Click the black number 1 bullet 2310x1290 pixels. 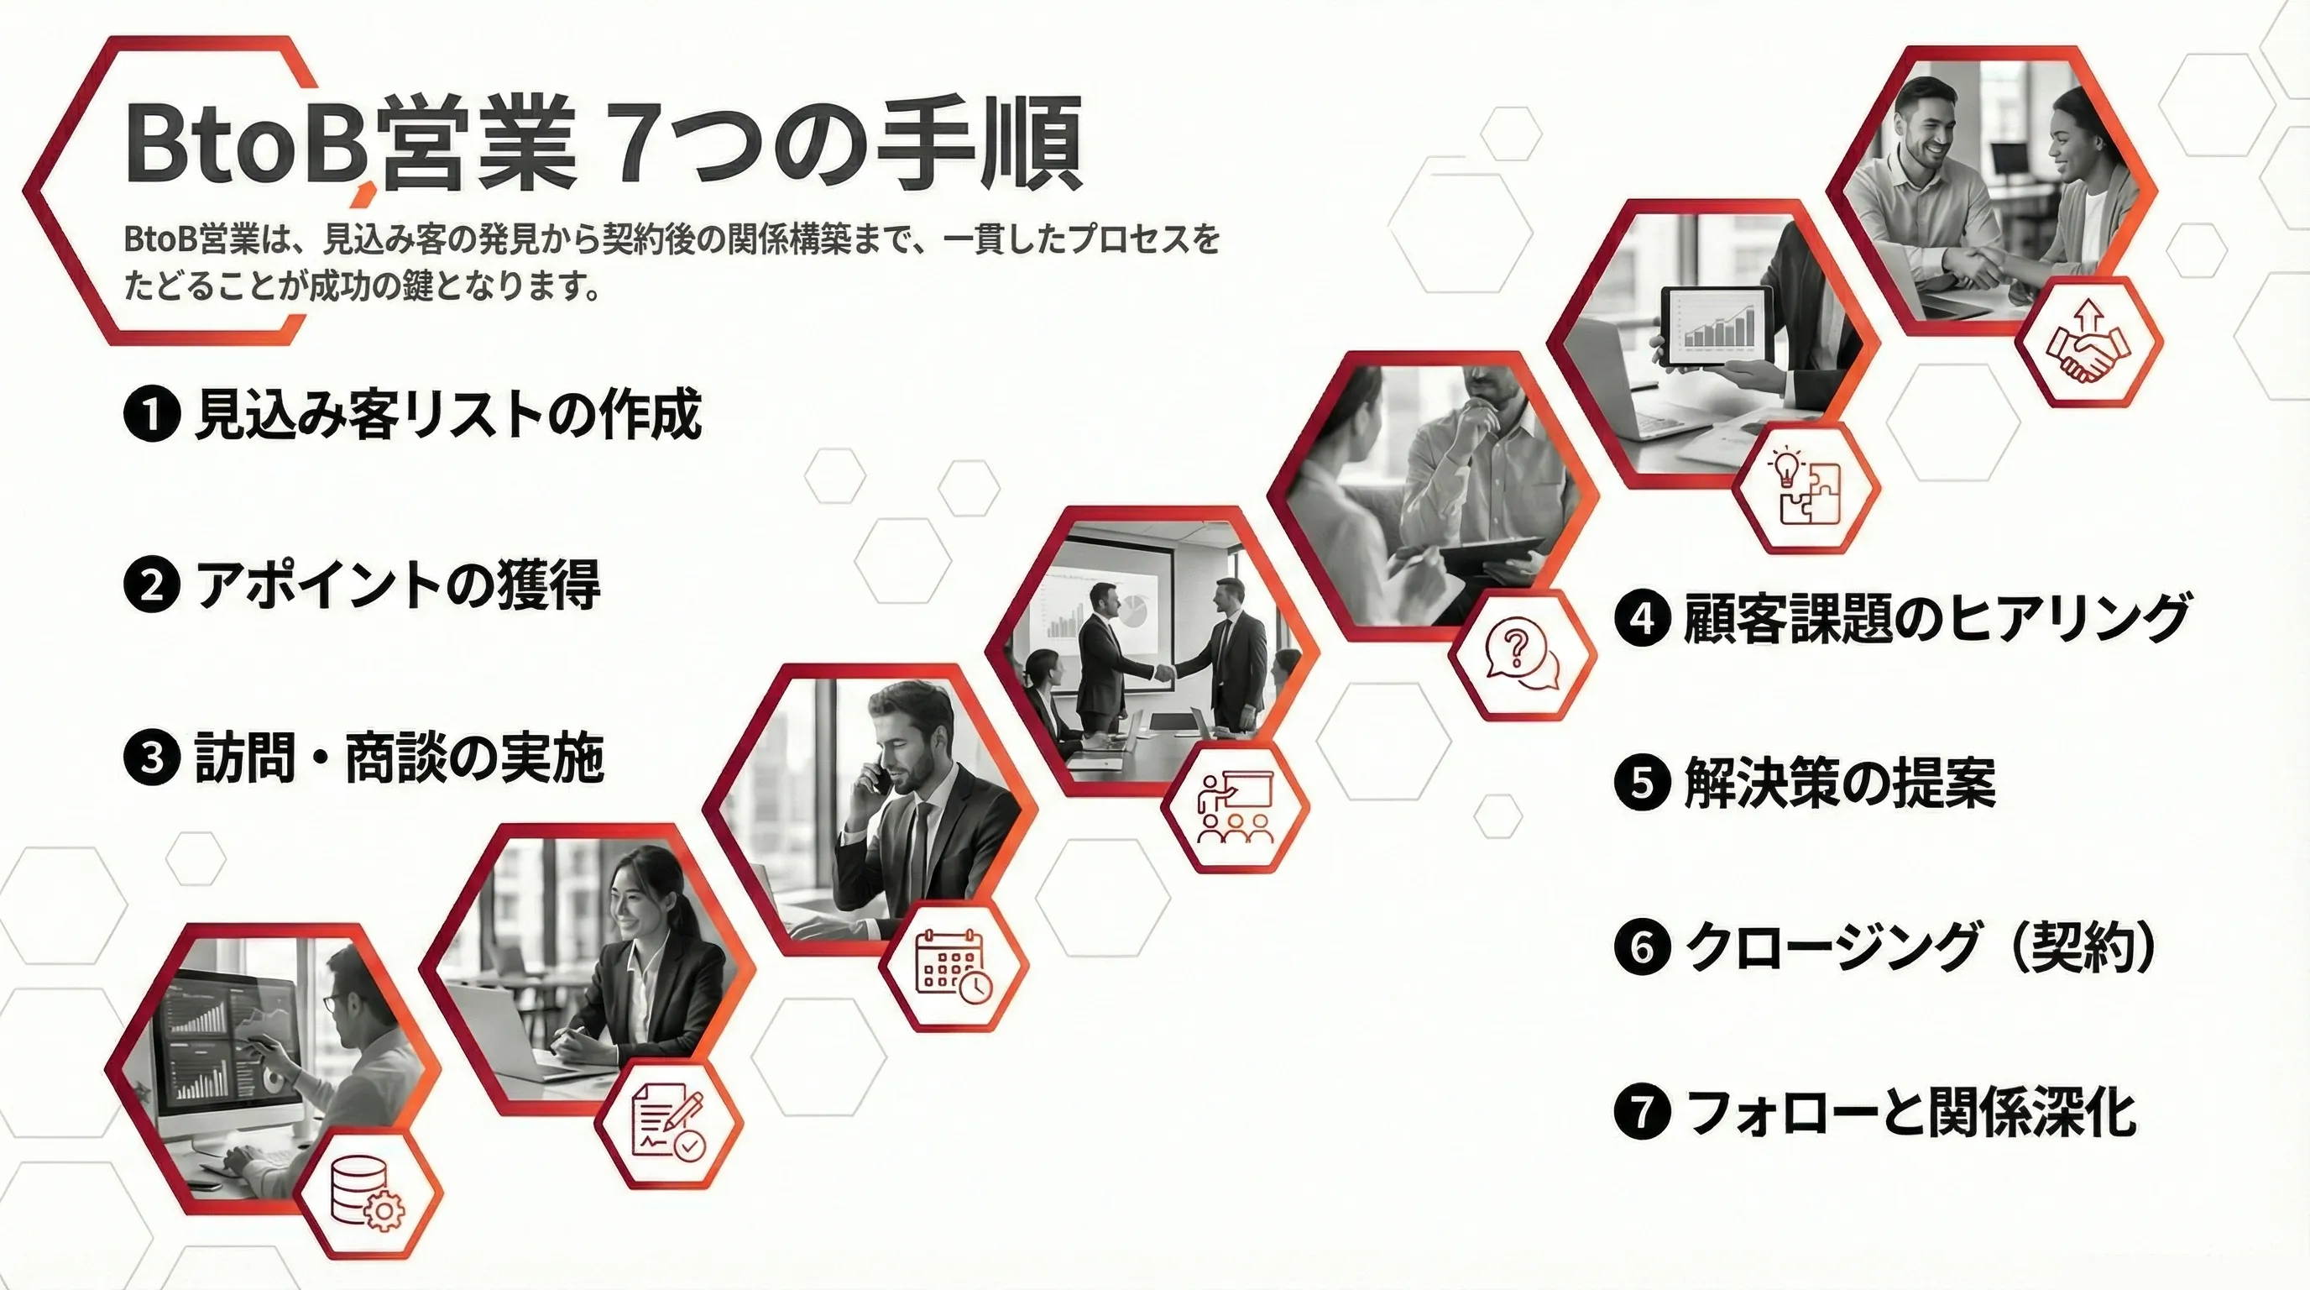[152, 414]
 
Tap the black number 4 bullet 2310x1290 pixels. [1642, 619]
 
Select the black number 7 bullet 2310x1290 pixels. [1642, 1113]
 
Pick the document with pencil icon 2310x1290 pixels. [669, 1124]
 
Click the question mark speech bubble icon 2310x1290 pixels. [1522, 654]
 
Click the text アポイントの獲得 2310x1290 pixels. [397, 585]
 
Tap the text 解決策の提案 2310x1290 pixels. [1840, 783]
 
